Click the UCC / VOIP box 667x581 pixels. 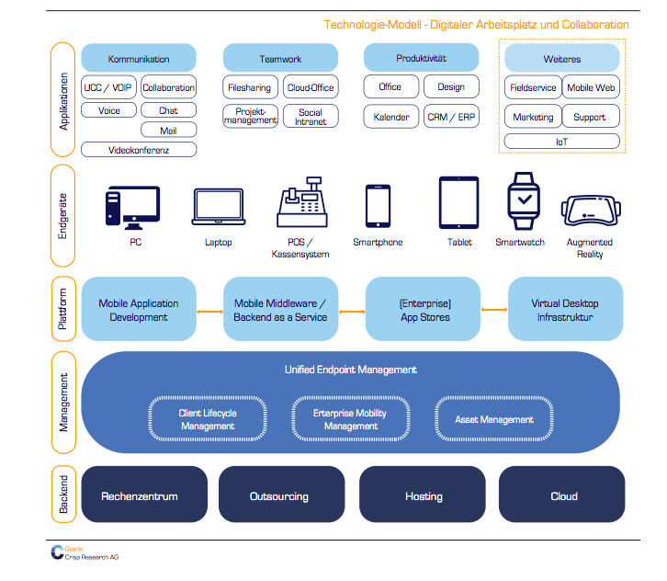[x=108, y=86]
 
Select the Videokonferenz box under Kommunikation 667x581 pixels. [x=139, y=150]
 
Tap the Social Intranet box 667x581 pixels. [x=311, y=116]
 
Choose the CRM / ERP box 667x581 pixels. [x=451, y=117]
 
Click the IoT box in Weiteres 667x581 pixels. [x=562, y=142]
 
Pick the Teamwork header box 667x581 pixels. [x=281, y=58]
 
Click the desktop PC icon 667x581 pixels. [x=132, y=208]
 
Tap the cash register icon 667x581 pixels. [x=302, y=201]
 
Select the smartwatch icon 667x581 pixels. [x=524, y=201]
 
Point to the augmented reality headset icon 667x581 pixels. [x=591, y=210]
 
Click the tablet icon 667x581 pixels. [x=459, y=202]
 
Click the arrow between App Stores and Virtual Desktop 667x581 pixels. [x=494, y=310]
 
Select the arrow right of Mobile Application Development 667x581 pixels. [x=209, y=312]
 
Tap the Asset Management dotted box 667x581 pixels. [x=494, y=419]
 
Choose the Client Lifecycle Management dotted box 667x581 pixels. [x=208, y=419]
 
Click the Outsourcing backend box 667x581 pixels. [x=282, y=495]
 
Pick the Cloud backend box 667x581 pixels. [x=562, y=495]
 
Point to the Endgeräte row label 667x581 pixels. [x=63, y=216]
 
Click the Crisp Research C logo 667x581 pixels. [x=57, y=553]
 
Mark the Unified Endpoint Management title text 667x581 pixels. [x=351, y=370]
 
